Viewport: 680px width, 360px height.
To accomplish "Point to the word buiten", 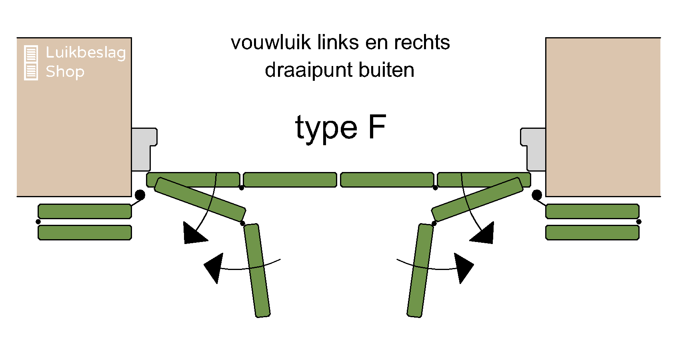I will pos(386,70).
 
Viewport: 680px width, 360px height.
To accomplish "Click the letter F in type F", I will pos(377,127).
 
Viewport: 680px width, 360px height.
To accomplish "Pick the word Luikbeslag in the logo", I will pos(86,53).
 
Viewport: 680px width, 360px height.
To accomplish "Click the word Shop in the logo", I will pos(65,72).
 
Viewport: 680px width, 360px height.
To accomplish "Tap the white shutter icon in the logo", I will pos(31,63).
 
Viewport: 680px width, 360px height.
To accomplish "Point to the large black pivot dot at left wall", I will pos(140,195).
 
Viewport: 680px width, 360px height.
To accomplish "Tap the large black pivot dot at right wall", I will pos(537,195).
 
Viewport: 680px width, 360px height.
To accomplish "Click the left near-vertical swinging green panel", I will pos(257,271).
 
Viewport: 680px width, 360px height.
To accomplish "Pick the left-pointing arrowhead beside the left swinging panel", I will pos(214,267).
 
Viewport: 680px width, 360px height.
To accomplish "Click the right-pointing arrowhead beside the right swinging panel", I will pos(463,267).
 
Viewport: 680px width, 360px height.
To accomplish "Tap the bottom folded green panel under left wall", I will pos(85,232).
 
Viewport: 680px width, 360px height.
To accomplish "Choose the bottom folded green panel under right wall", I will pos(592,232).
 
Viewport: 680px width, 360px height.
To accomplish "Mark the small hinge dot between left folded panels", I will pos(38,222).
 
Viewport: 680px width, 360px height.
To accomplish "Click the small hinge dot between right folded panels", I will pos(639,222).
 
